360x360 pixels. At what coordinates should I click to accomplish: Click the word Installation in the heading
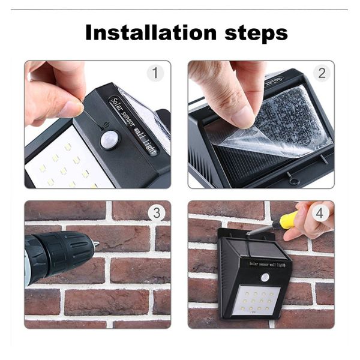tap(151, 32)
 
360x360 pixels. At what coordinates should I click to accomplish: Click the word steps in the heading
tap(256, 34)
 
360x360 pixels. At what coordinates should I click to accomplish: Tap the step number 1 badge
tap(155, 73)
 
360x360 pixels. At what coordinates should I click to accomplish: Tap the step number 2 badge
tap(322, 73)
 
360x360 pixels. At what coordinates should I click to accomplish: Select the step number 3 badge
tap(157, 213)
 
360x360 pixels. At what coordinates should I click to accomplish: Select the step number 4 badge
tap(319, 213)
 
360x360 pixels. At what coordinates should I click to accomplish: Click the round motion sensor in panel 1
tap(110, 140)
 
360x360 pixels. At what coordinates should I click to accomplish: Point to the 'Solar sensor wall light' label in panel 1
tap(134, 126)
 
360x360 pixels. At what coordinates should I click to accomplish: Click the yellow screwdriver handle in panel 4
tap(289, 220)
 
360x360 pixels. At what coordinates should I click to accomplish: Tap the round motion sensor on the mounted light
tap(265, 278)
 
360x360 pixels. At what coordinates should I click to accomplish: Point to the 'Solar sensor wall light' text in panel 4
tap(267, 264)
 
